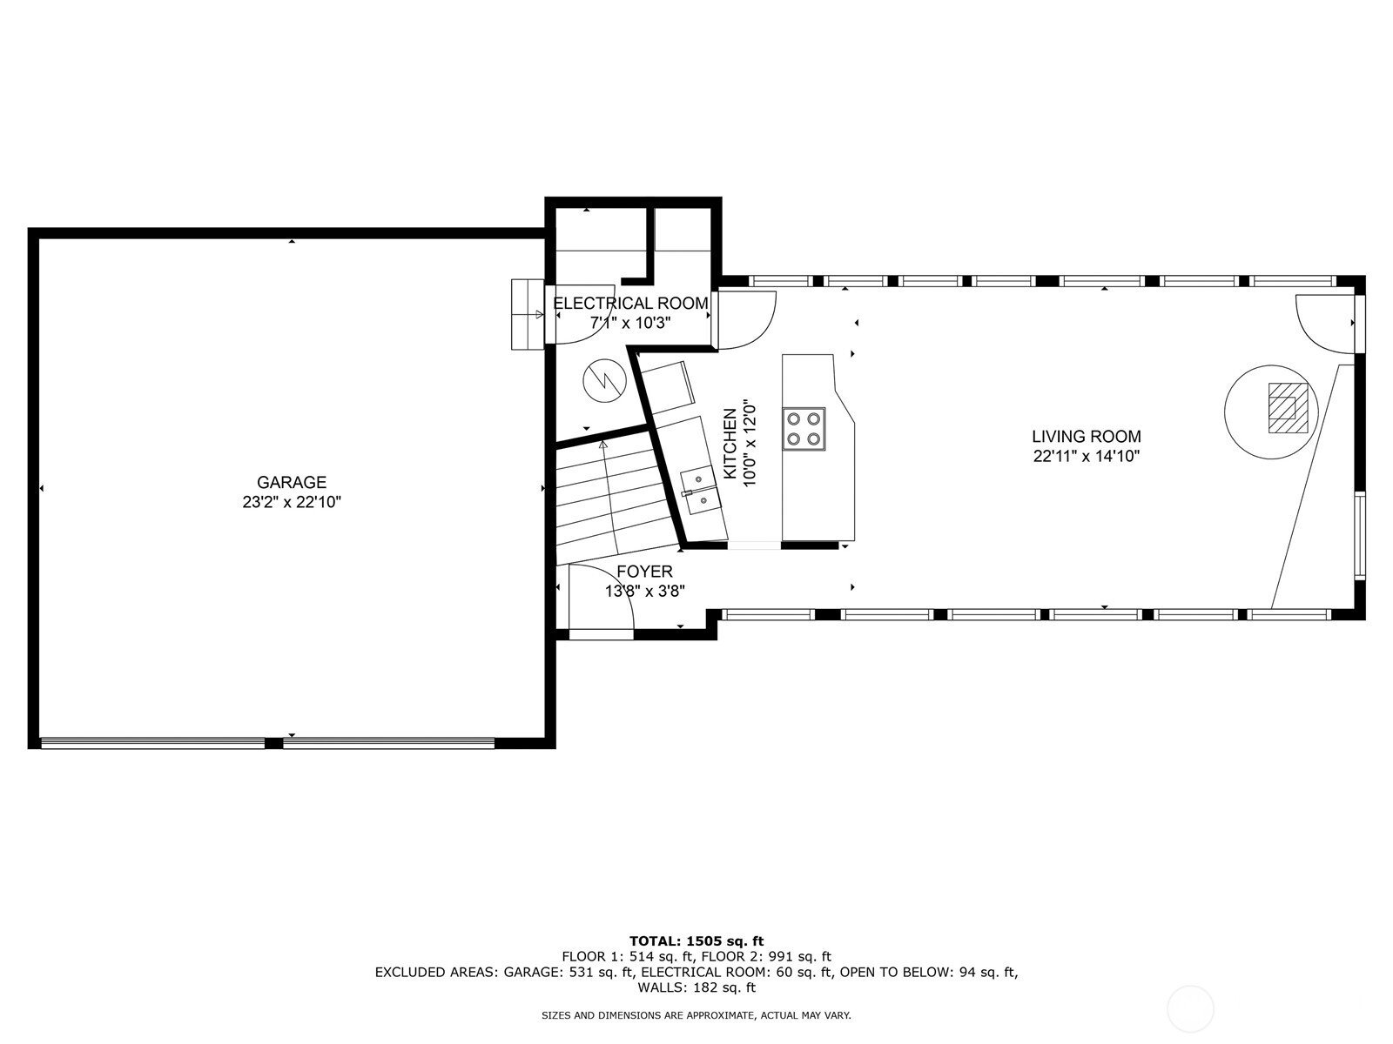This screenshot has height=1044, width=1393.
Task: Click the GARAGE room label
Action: (291, 482)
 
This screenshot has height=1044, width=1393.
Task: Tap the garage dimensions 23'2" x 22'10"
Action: (291, 502)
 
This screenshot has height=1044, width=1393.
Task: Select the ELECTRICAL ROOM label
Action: (630, 304)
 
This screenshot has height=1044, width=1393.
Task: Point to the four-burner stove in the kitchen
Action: (804, 428)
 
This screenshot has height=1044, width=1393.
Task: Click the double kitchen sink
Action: (698, 491)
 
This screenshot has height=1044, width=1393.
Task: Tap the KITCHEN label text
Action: (730, 443)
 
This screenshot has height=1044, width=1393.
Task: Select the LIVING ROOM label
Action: (1086, 437)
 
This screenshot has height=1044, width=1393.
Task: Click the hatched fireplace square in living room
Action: (1285, 408)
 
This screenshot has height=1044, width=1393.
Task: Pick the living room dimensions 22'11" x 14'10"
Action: (1086, 457)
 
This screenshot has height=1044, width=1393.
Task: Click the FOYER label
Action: (644, 572)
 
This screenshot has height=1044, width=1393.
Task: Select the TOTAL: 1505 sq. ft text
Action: (696, 940)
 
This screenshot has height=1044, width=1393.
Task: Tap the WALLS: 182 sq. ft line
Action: (696, 987)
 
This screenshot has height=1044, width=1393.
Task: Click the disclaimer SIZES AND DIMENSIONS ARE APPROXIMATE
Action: (696, 1015)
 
